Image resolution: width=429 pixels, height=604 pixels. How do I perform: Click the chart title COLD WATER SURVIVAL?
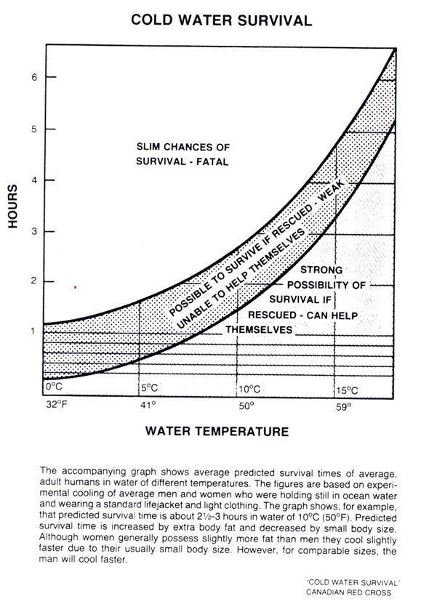point(221,20)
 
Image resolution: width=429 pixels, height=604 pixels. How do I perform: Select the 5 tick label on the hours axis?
point(34,129)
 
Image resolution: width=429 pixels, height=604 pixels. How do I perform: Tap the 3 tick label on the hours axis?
point(34,232)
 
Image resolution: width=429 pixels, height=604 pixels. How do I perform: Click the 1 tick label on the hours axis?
point(33,331)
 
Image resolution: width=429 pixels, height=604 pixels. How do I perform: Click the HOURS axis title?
point(12,206)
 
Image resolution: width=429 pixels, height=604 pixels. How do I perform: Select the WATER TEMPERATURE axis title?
point(217,431)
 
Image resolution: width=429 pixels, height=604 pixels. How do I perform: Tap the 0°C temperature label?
point(54,387)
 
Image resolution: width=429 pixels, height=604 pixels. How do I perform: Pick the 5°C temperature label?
point(149,388)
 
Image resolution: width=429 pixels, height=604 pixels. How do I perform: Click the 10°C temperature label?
point(249,389)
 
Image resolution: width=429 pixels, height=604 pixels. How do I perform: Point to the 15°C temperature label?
point(347,390)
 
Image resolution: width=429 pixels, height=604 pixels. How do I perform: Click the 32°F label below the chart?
point(57,404)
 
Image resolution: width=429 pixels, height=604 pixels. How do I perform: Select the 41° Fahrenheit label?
point(148,405)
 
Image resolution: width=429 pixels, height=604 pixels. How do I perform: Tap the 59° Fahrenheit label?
point(344,407)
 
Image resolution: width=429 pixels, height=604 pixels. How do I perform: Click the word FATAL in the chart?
point(212,162)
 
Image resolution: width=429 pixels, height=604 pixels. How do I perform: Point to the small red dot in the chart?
point(75,287)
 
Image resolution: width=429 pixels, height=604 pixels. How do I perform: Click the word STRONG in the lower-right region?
point(321,270)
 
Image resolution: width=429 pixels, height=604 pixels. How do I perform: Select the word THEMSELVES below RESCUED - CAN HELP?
point(259,330)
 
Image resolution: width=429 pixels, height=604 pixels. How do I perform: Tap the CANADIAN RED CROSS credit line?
point(348,592)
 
